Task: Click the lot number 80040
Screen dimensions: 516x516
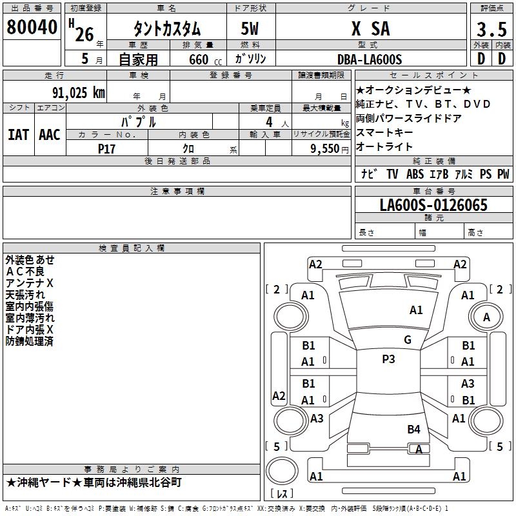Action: (x=32, y=28)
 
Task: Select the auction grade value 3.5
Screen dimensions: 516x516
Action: (x=491, y=30)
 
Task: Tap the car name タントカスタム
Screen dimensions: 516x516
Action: (x=166, y=29)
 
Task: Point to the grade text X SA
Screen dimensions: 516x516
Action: (x=370, y=29)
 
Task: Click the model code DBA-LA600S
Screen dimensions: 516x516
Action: (x=370, y=60)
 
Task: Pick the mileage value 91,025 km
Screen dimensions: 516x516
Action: (x=79, y=92)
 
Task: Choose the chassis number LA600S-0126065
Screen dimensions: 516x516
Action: (x=433, y=206)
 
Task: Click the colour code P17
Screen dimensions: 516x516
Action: (x=107, y=148)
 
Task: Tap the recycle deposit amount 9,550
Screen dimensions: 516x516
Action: (x=324, y=149)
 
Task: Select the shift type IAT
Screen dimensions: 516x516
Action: (x=18, y=135)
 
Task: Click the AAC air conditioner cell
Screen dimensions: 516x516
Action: (x=50, y=135)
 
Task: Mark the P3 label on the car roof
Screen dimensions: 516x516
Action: (x=388, y=359)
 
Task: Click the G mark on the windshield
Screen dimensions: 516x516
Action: (x=408, y=340)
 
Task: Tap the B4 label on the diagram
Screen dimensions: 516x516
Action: (x=413, y=429)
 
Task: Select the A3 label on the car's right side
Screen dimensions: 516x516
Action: (x=468, y=384)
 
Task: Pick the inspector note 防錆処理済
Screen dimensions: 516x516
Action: (x=30, y=341)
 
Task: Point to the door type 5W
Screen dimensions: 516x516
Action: (x=250, y=29)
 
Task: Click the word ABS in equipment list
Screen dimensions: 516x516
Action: (x=415, y=174)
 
